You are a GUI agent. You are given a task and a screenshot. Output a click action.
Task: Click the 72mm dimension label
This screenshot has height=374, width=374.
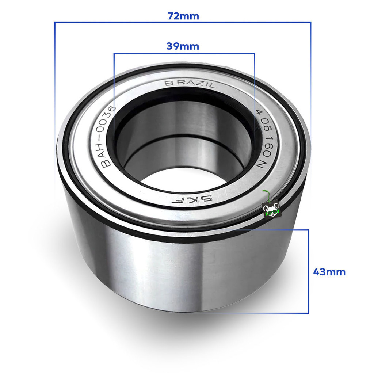183,16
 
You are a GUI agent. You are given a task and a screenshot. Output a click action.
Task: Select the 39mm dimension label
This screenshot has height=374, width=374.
183,46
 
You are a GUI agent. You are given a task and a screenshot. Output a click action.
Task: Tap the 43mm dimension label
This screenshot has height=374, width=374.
329,272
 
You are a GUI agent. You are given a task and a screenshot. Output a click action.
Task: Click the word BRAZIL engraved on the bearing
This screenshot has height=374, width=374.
190,84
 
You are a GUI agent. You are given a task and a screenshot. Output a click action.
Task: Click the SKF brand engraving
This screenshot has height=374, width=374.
192,199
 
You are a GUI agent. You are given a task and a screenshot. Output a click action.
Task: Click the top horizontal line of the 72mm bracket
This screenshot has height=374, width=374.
183,22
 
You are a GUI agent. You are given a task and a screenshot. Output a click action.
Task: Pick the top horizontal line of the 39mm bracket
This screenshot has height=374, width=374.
184,54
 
